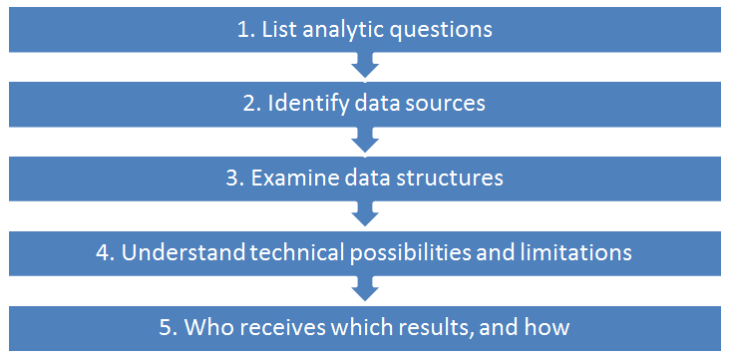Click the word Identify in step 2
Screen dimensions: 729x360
(308, 105)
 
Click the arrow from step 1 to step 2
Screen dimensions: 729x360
(365, 65)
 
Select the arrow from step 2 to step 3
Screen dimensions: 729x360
(365, 140)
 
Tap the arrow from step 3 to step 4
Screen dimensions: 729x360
(365, 214)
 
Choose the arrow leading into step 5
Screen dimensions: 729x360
(365, 289)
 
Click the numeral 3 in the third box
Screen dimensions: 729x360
(231, 180)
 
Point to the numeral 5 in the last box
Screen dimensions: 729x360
(166, 328)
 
